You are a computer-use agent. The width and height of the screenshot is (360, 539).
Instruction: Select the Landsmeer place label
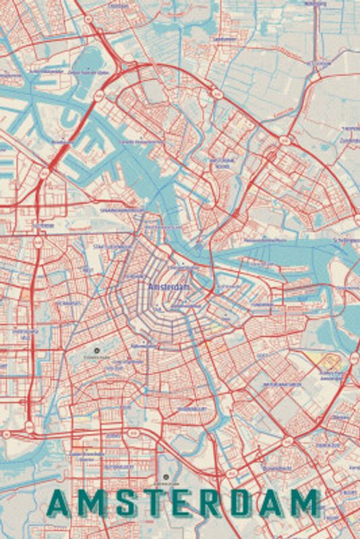point(224,39)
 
